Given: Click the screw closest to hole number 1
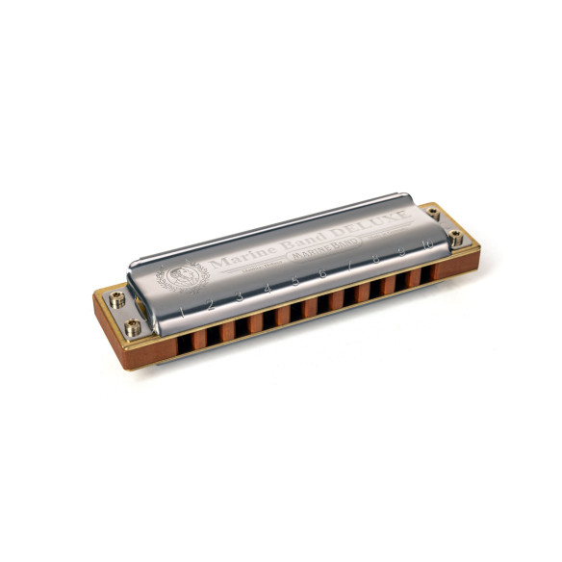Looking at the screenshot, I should pyautogui.click(x=133, y=328).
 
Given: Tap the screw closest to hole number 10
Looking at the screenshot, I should pyautogui.click(x=455, y=238).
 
